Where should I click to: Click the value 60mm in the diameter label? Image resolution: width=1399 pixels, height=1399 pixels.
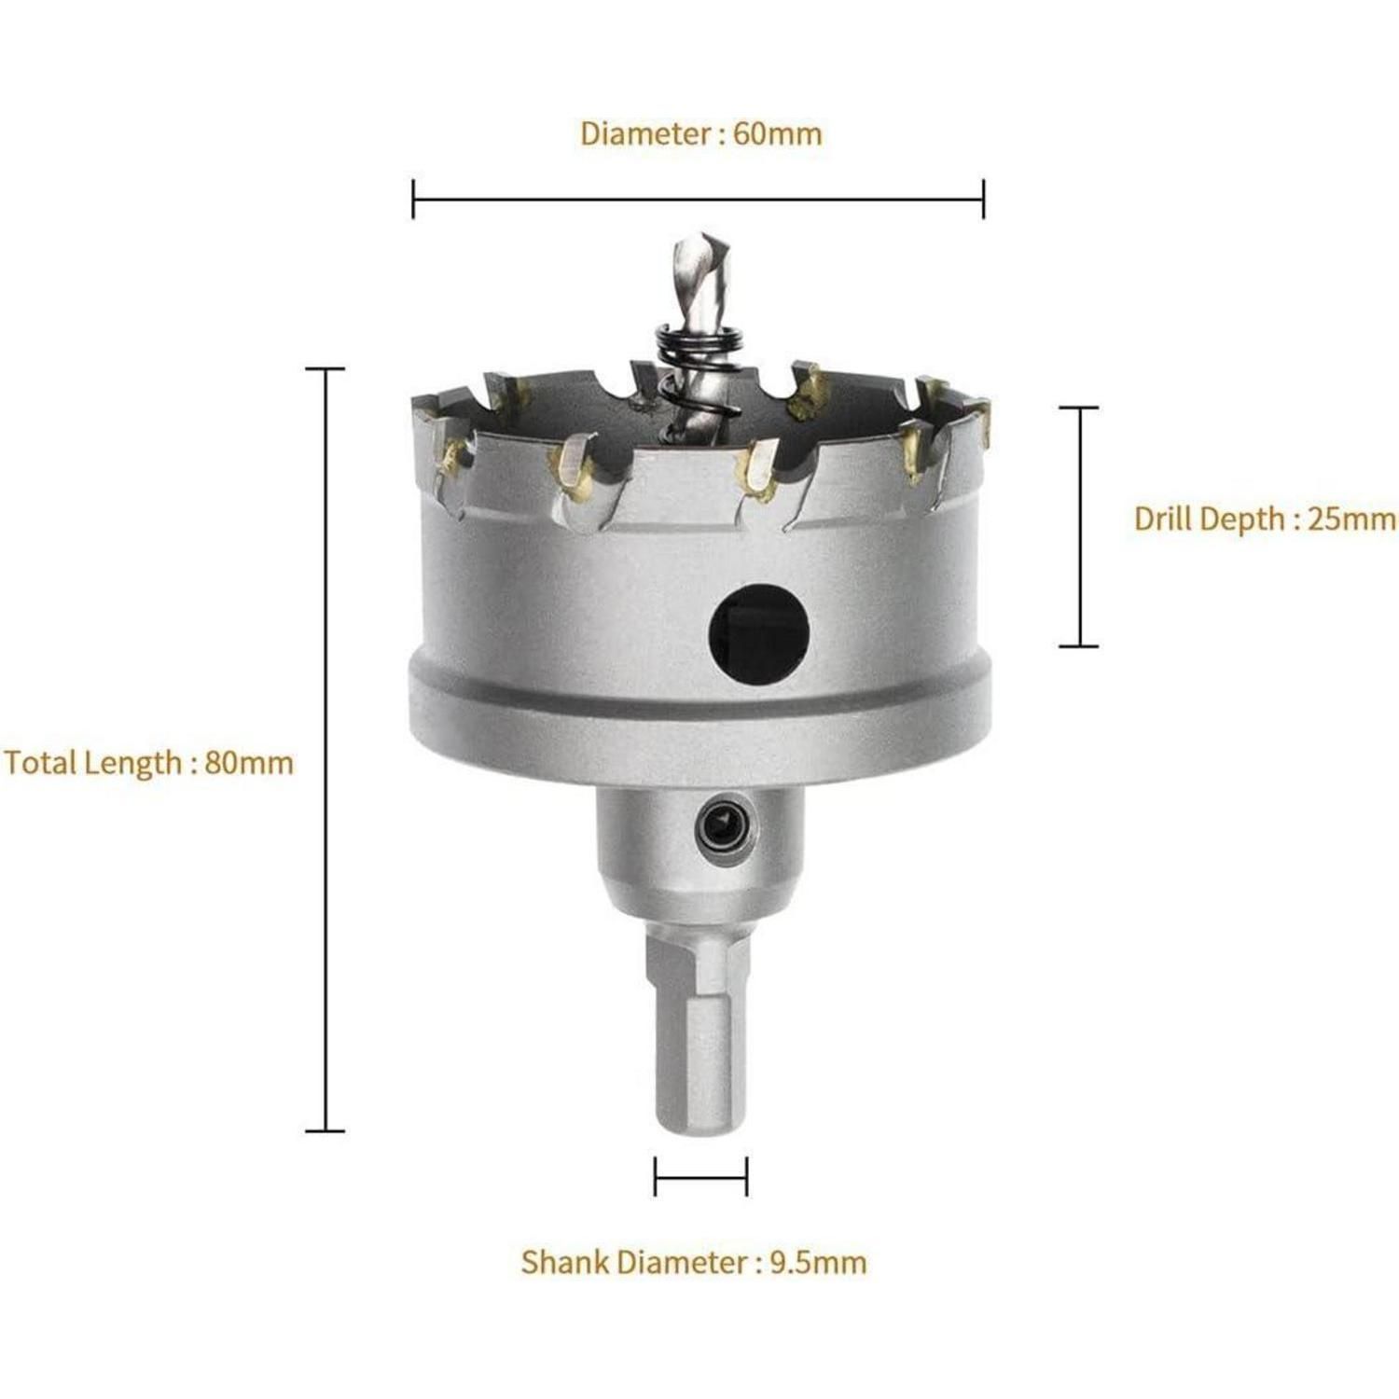click(x=778, y=133)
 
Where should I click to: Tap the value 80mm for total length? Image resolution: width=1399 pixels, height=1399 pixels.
click(x=249, y=763)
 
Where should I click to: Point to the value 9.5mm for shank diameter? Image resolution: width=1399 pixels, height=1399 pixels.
click(x=819, y=1262)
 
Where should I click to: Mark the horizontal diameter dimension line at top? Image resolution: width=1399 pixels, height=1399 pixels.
click(x=698, y=199)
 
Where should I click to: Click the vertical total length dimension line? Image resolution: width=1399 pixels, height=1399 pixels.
click(x=326, y=750)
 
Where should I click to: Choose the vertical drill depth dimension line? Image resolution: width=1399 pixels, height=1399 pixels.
click(x=1079, y=526)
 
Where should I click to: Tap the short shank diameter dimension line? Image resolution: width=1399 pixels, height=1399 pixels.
click(x=700, y=1176)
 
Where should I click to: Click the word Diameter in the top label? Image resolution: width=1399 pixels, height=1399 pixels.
click(x=646, y=133)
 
